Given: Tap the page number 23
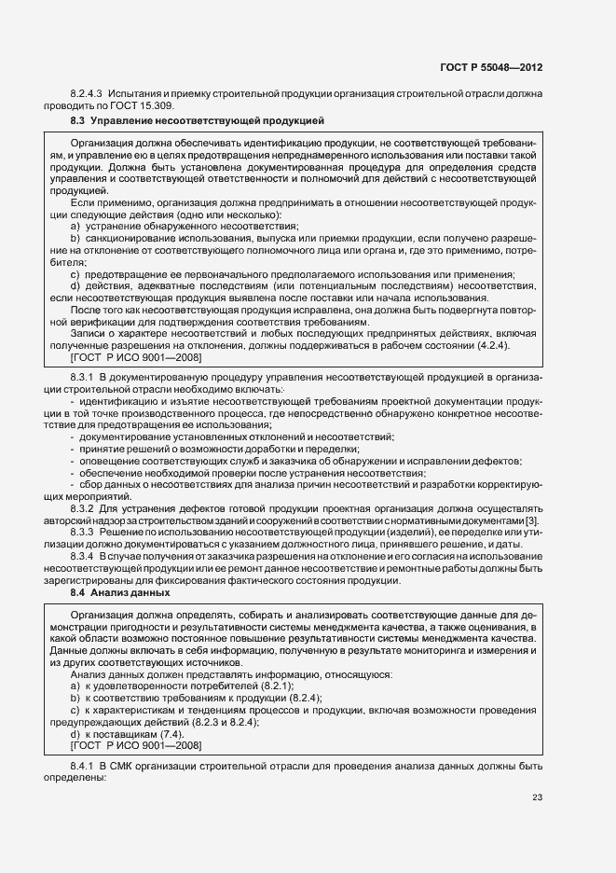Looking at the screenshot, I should [538, 796].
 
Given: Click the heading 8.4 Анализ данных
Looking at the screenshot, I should [124, 592].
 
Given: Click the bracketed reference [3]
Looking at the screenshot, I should [532, 520].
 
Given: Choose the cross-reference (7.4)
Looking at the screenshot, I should [175, 734].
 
